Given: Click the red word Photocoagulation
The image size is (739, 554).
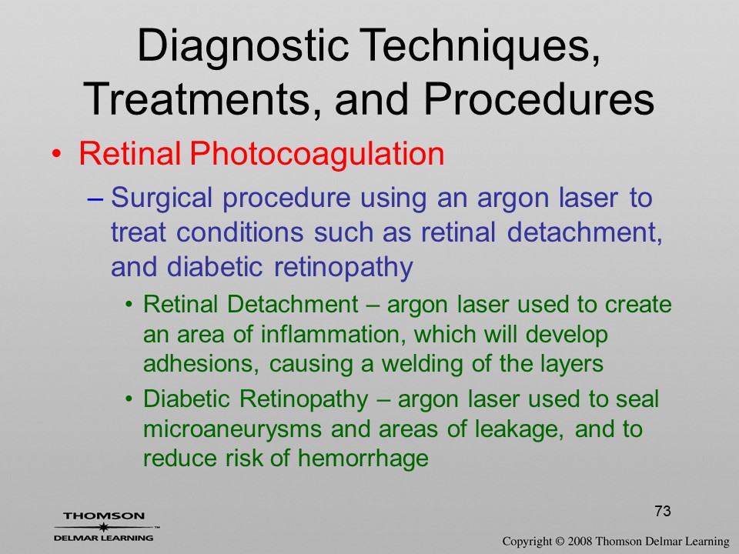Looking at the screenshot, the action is (316, 155).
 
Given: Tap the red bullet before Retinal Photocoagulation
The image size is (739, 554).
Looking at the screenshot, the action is (56, 155).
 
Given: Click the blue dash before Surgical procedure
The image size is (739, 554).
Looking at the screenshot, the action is (95, 199).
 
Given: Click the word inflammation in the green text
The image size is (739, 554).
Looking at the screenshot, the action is (334, 335).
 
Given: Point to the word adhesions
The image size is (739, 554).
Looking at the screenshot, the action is (201, 364).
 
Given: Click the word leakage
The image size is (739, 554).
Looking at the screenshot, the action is (518, 429).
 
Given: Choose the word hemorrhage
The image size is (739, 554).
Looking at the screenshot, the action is (363, 458).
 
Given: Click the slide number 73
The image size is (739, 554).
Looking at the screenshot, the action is (663, 511).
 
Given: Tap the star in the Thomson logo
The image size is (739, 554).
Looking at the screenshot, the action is (103, 527).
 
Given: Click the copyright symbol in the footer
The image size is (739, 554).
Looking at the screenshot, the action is (560, 542).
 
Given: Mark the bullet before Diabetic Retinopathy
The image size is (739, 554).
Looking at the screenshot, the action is (129, 399).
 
